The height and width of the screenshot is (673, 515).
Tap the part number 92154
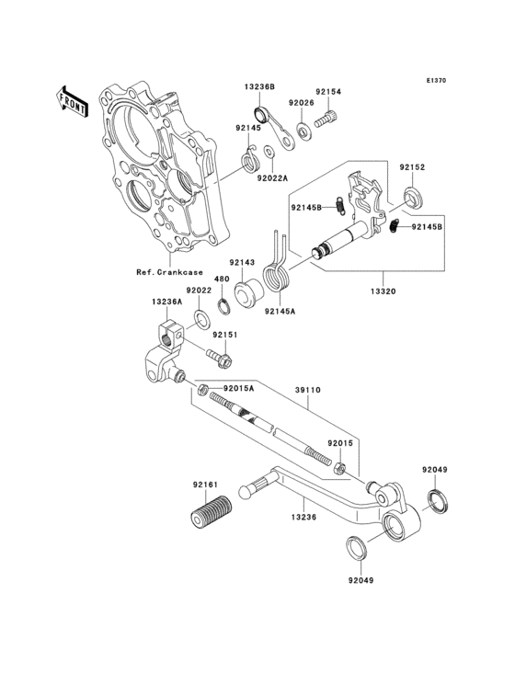[x=328, y=92]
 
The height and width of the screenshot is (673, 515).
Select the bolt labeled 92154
[x=326, y=119]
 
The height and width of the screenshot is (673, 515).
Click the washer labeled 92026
[x=304, y=131]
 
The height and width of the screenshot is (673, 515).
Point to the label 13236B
[x=259, y=86]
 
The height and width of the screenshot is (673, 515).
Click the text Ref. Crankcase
[x=169, y=272]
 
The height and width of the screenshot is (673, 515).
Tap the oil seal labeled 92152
[x=413, y=198]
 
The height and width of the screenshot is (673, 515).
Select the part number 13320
[x=383, y=291]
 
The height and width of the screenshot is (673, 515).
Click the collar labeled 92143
[x=248, y=293]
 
